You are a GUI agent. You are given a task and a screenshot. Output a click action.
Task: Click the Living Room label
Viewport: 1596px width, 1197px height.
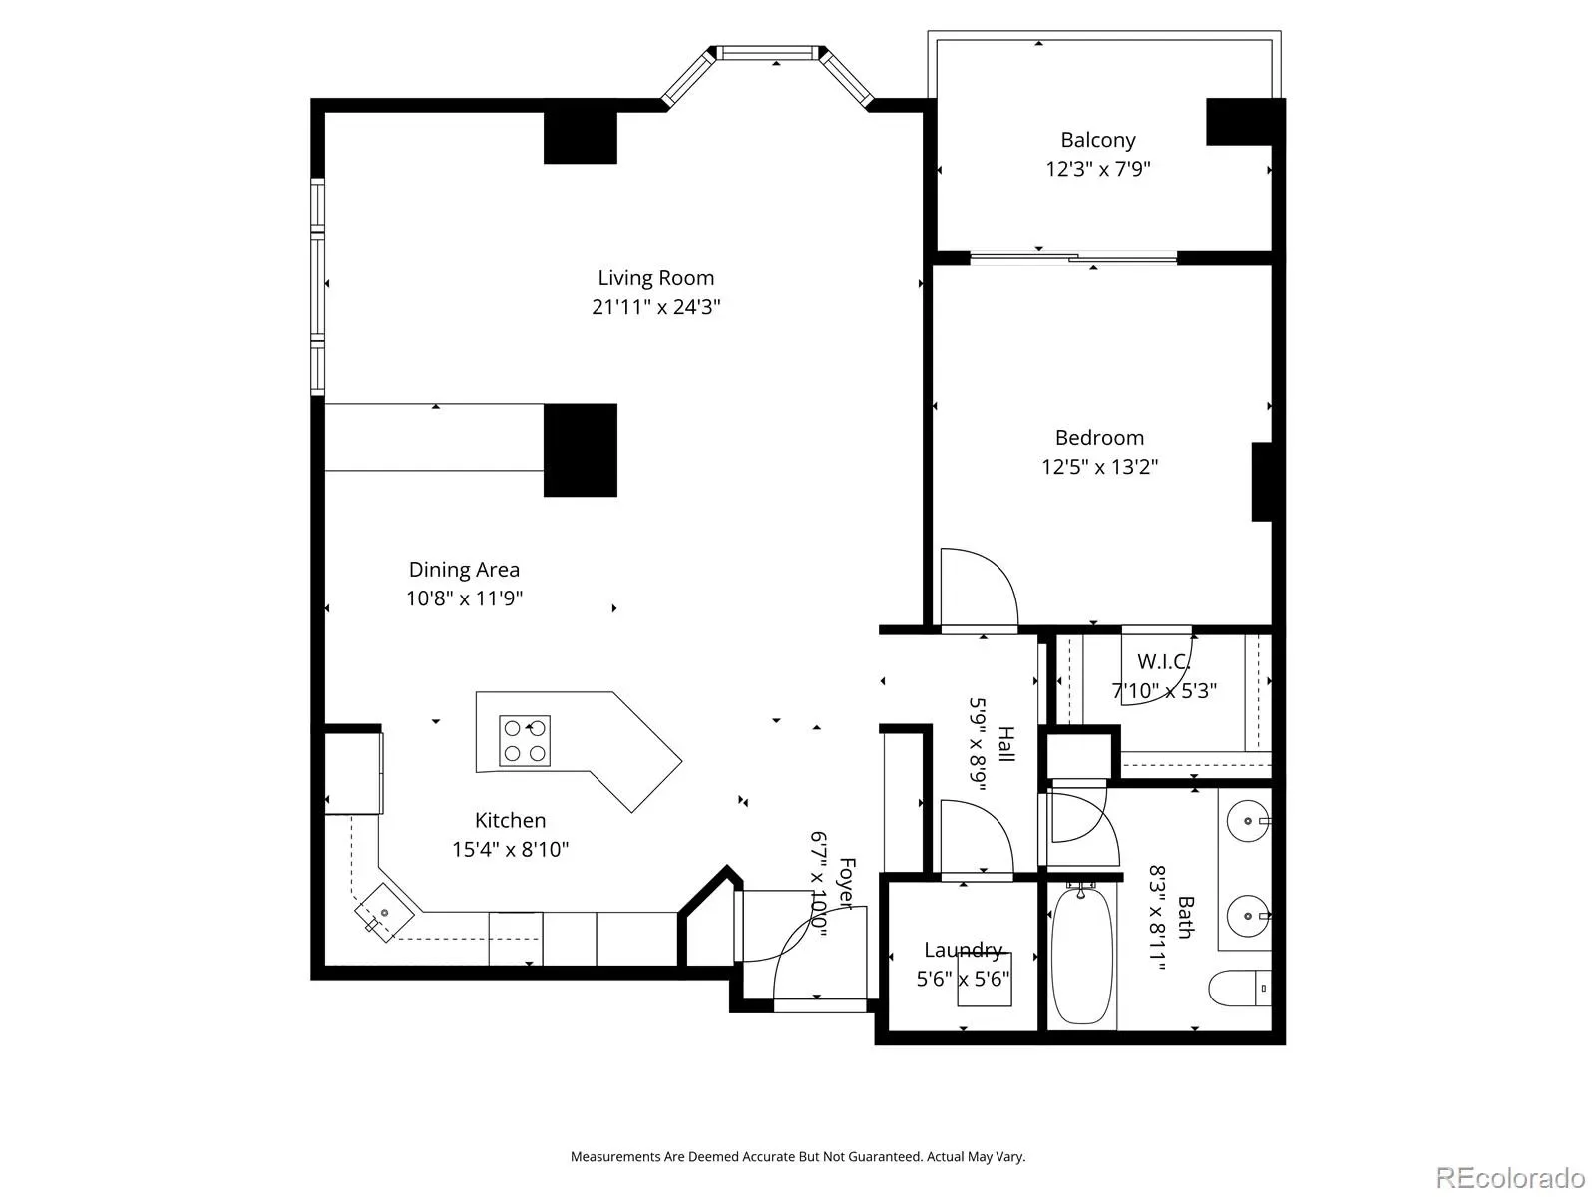tap(655, 278)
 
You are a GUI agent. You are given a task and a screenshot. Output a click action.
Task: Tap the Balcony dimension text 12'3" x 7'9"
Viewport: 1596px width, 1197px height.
tap(1098, 169)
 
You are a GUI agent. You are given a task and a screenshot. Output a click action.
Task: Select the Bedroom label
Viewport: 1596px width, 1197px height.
tap(1099, 438)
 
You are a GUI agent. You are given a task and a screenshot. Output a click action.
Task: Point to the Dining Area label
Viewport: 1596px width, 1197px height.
tap(464, 569)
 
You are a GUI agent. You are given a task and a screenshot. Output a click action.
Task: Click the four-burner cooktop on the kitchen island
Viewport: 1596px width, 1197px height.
tap(525, 741)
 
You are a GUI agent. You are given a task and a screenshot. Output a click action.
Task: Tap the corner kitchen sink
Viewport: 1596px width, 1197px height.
tap(384, 913)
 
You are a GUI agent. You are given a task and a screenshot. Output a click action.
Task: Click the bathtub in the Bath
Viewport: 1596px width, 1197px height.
tap(1082, 955)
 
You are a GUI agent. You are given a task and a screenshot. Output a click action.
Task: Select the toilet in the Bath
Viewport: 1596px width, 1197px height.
tap(1240, 988)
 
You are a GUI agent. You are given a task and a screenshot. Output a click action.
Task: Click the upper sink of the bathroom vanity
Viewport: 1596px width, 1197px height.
tap(1248, 821)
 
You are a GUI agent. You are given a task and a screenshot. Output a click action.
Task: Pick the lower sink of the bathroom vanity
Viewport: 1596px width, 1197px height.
tap(1248, 916)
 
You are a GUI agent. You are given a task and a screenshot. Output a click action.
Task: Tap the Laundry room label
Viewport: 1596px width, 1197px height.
tap(964, 950)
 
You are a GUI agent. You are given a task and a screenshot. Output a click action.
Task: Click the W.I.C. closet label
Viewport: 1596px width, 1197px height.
tap(1163, 662)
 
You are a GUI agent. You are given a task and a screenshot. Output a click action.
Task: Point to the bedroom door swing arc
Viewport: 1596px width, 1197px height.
tap(980, 588)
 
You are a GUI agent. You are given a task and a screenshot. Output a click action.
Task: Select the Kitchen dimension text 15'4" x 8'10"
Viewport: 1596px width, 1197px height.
tap(510, 849)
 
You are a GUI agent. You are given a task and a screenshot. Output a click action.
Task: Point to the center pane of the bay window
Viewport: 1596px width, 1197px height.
tap(768, 53)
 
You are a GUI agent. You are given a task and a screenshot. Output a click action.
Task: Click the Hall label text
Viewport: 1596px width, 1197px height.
tap(1005, 744)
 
